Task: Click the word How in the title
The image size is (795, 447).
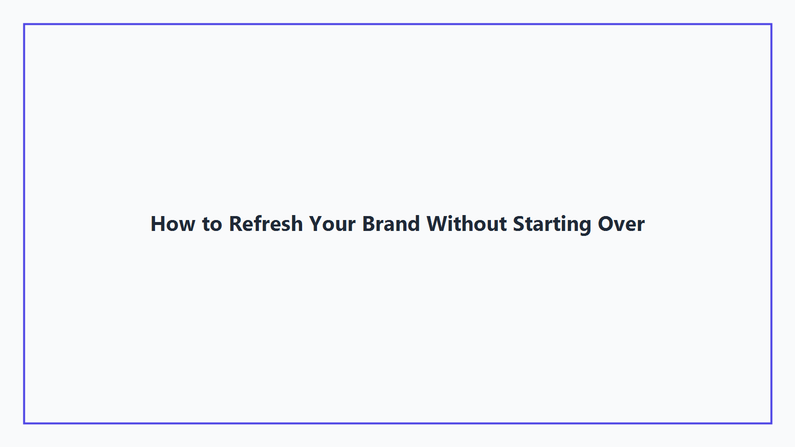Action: [173, 224]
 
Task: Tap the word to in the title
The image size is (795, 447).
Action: [212, 224]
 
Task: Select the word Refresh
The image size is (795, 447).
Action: [265, 224]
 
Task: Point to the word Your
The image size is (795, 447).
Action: [332, 224]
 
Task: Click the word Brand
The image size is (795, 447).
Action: [391, 224]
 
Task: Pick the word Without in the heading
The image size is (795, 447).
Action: [467, 224]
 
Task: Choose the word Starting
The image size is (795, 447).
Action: [552, 224]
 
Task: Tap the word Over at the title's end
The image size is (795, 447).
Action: [621, 224]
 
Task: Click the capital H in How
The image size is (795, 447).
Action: [158, 224]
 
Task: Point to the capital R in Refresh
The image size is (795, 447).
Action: [235, 224]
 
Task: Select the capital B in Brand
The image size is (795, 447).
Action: [369, 224]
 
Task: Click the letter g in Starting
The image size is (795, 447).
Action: [585, 226]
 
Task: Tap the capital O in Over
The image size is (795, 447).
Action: [606, 224]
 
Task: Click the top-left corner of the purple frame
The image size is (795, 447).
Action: [24, 24]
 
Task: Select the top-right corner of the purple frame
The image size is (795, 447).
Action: [771, 24]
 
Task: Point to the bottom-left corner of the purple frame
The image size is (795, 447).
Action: [24, 423]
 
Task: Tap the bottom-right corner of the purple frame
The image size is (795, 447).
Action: [771, 423]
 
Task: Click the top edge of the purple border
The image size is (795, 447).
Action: [397, 24]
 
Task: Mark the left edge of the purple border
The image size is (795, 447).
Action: [24, 223]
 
